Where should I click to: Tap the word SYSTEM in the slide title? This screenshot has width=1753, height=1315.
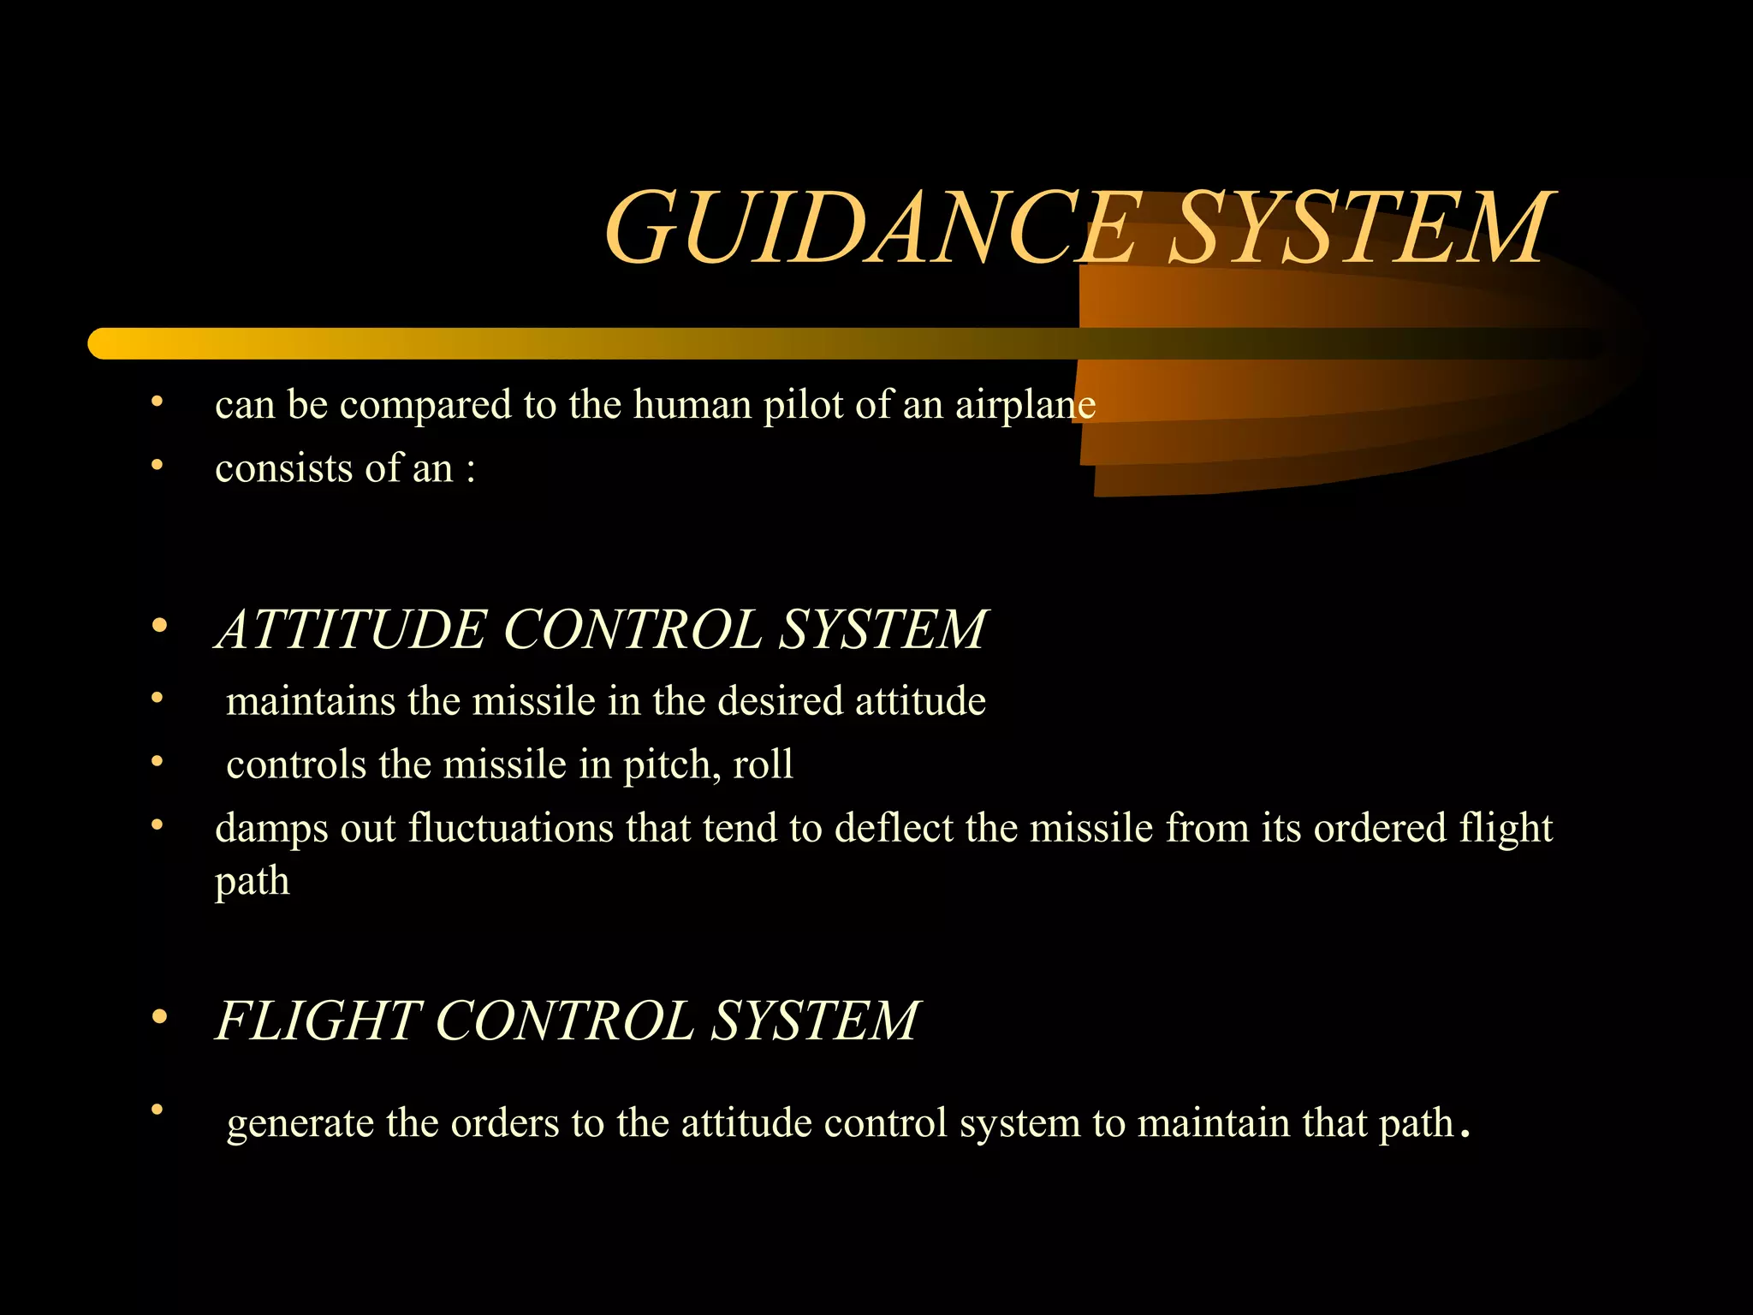tap(1360, 228)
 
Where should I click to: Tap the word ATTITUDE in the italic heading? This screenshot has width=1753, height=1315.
tap(351, 630)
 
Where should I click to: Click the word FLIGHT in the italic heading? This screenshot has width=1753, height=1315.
tap(318, 1020)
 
